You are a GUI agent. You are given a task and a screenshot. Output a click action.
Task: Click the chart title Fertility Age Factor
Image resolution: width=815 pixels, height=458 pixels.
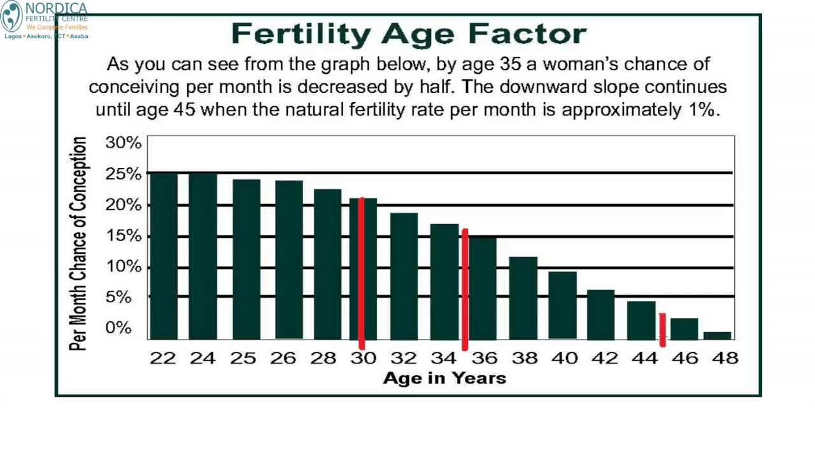pos(408,34)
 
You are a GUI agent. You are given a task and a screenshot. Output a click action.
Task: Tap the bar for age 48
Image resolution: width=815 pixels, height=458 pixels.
pos(717,335)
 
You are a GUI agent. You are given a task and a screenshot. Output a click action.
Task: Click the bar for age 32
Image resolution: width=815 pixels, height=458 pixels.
pos(404,276)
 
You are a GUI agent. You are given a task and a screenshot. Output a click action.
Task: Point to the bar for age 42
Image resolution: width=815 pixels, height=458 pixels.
pos(600,314)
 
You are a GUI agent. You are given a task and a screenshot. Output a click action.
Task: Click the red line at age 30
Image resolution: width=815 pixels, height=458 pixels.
pos(362,274)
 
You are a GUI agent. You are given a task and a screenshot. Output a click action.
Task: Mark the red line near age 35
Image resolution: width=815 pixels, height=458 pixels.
pos(465,289)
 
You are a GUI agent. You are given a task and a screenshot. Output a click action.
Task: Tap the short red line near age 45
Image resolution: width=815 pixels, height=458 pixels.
pos(662,330)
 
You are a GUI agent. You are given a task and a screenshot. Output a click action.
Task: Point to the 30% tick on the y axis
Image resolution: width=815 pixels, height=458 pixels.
pos(123,142)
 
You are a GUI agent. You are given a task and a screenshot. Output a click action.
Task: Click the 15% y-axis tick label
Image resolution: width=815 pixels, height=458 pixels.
pos(123,236)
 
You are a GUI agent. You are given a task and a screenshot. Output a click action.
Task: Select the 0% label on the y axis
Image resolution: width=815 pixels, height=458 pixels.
pos(118,328)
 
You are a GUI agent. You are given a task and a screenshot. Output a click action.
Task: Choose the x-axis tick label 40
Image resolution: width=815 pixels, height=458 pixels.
pos(563,359)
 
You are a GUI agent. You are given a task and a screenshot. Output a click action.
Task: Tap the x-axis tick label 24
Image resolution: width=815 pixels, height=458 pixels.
pos(202,359)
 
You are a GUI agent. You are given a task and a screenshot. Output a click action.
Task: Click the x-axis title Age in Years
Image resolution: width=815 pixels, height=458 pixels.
pos(444,378)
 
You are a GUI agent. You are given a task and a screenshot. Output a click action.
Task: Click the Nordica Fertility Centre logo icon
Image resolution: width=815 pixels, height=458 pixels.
pos(11,17)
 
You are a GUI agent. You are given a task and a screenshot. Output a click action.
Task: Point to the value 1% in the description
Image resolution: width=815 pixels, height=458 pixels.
pos(702,109)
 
